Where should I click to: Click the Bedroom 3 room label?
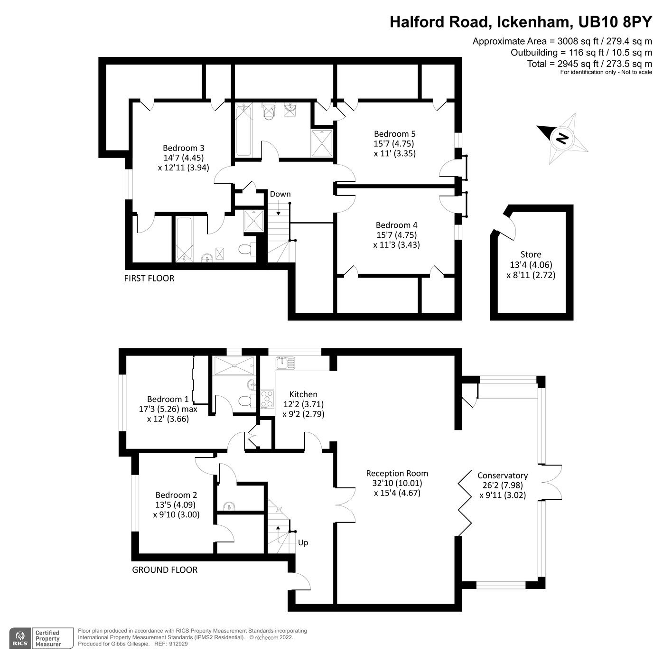click(183, 148)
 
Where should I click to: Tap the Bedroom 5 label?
click(394, 134)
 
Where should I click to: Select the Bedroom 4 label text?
click(396, 225)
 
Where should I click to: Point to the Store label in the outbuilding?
click(531, 254)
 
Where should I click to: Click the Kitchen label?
click(303, 394)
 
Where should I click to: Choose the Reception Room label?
click(397, 473)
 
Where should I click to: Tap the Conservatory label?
click(502, 476)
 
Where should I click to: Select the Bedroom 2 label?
click(176, 495)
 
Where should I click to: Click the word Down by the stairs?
click(280, 194)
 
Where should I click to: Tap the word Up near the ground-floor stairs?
click(303, 542)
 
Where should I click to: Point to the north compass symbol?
click(562, 138)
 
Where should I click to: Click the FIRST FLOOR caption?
click(149, 278)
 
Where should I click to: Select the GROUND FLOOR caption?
click(164, 570)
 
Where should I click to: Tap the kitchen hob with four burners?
click(267, 399)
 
